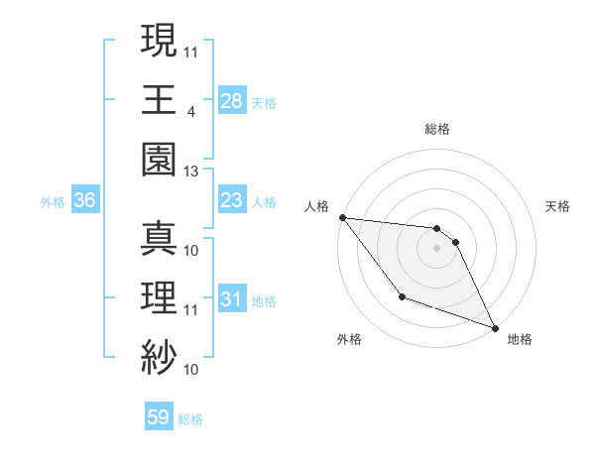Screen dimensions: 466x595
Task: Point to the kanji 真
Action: [159, 240]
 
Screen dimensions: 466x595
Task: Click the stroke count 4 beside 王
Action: [190, 110]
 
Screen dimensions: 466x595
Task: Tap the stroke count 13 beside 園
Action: [191, 172]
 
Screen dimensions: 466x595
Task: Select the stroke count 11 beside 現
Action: [191, 51]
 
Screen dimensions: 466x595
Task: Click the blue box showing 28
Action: [231, 100]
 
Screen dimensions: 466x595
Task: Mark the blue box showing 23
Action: [231, 201]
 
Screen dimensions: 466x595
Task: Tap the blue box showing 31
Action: [231, 299]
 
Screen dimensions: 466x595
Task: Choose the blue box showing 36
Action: [85, 201]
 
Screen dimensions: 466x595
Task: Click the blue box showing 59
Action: [158, 417]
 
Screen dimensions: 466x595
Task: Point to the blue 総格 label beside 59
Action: [190, 419]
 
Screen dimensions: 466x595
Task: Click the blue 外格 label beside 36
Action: [53, 202]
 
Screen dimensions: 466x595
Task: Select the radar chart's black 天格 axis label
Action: [557, 207]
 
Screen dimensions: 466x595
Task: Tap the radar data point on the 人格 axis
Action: [342, 217]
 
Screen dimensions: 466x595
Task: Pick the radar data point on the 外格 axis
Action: [402, 296]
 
